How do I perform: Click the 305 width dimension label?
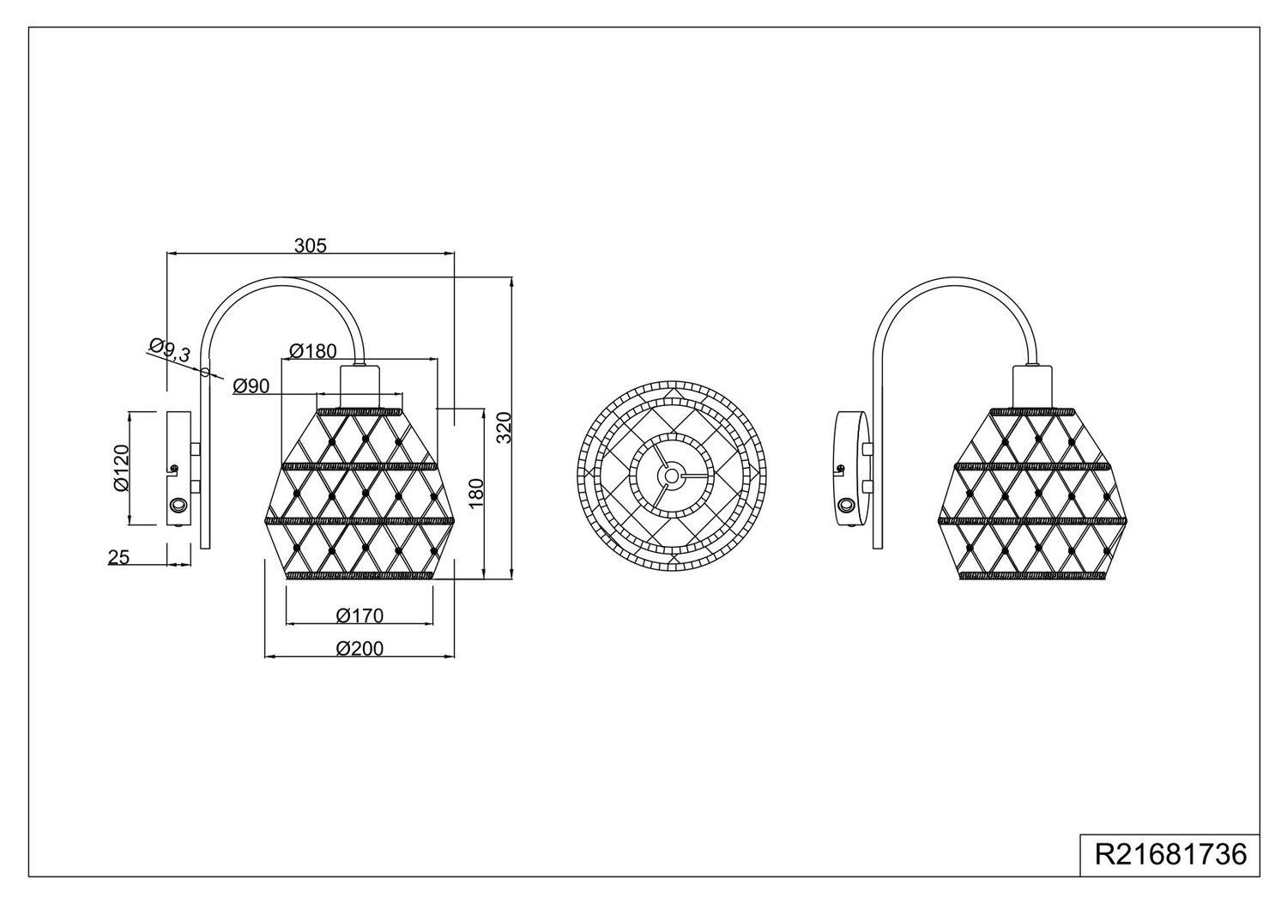click(x=311, y=246)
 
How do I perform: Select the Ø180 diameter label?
click(x=313, y=350)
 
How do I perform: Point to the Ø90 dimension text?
click(x=251, y=386)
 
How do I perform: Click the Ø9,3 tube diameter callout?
click(x=170, y=350)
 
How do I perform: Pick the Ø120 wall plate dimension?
click(x=122, y=468)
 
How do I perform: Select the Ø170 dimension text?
click(x=360, y=616)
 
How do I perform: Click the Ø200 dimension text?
click(x=360, y=648)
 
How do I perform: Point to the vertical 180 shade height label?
click(x=476, y=494)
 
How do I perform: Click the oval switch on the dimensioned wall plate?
click(x=177, y=506)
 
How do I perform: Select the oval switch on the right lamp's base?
click(x=846, y=506)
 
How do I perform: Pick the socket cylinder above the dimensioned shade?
click(x=360, y=386)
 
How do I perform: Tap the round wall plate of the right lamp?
click(x=851, y=468)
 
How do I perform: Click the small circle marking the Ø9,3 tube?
click(x=205, y=372)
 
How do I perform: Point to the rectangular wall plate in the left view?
click(x=178, y=468)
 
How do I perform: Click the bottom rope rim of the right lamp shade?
click(x=1032, y=575)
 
